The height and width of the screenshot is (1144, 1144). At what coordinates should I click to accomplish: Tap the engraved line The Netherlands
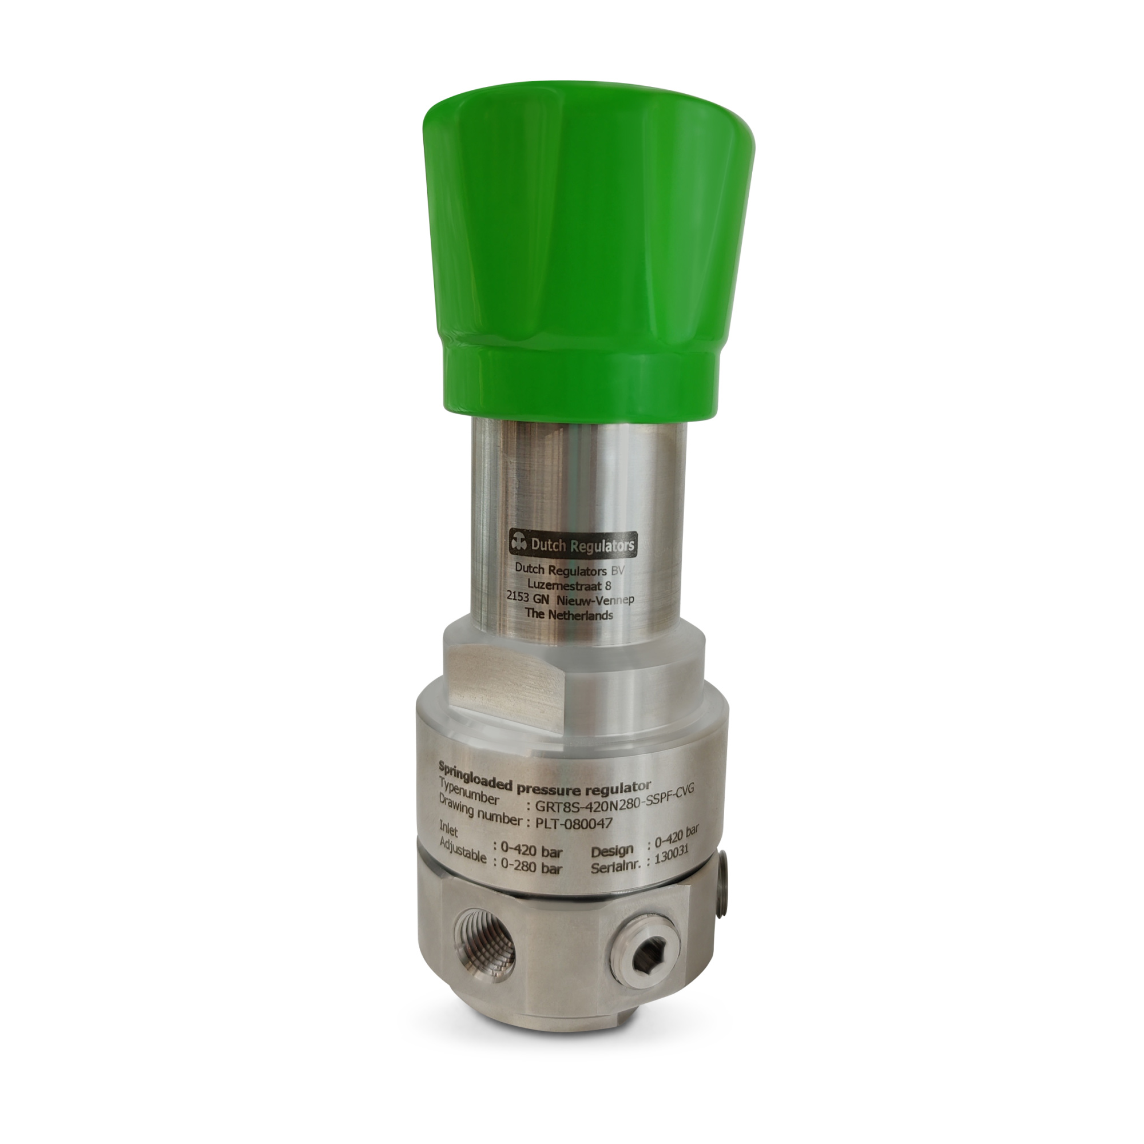[x=569, y=615]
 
